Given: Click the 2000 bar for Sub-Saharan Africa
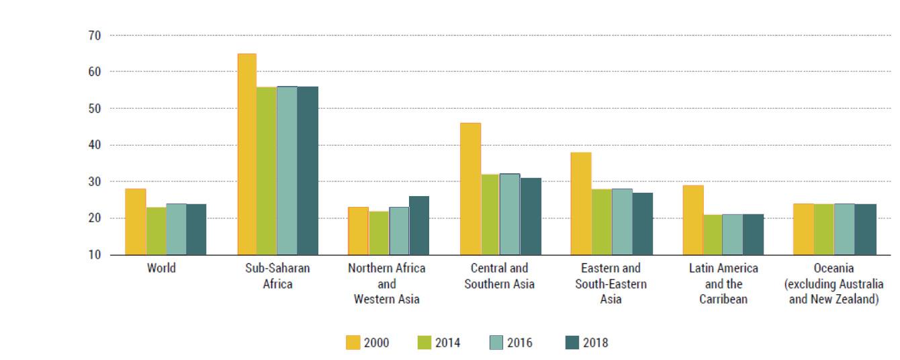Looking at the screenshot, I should pyautogui.click(x=246, y=154).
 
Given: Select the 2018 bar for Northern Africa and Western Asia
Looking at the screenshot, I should pyautogui.click(x=418, y=226).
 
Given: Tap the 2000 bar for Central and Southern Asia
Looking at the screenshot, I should pyautogui.click(x=470, y=189).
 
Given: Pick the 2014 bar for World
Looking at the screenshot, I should pyautogui.click(x=156, y=231).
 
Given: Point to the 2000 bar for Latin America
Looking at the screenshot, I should pyautogui.click(x=693, y=220).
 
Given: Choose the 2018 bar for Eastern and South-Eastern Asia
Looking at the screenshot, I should pyautogui.click(x=642, y=224).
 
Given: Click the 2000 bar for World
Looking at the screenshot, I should pyautogui.click(x=136, y=222).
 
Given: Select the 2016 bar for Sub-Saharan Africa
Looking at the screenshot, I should pyautogui.click(x=287, y=171).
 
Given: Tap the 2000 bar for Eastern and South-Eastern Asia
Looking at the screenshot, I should pyautogui.click(x=581, y=204).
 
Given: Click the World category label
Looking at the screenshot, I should pyautogui.click(x=161, y=268).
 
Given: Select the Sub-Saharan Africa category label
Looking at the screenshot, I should pyautogui.click(x=277, y=275).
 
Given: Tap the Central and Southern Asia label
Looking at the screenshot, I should pyautogui.click(x=499, y=275).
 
